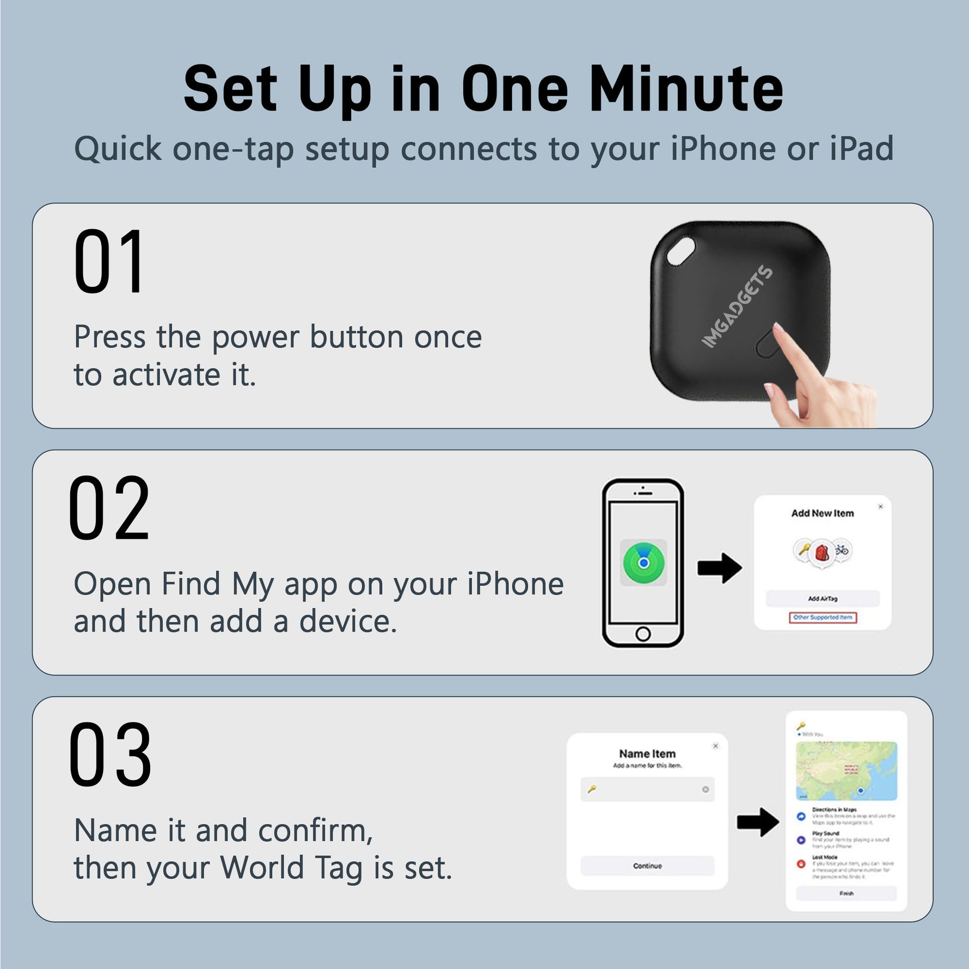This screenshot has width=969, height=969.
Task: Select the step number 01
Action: click(109, 262)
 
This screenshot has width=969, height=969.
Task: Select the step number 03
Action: click(110, 755)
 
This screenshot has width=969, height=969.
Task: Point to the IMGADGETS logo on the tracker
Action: click(737, 307)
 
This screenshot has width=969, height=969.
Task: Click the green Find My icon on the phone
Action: click(643, 562)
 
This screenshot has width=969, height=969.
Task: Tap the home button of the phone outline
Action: click(643, 634)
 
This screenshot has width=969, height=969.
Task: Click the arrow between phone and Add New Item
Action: click(720, 568)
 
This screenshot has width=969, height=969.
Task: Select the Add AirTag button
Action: click(823, 598)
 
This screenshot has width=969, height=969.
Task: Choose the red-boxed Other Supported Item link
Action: click(823, 617)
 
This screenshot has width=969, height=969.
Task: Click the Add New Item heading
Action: click(822, 513)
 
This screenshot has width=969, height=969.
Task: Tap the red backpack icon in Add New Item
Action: click(821, 553)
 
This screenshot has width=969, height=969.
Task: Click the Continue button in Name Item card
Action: click(647, 866)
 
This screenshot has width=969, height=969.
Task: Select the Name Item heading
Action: click(647, 753)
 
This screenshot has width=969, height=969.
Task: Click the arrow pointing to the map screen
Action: click(758, 822)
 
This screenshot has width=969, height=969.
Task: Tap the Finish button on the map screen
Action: click(846, 893)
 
